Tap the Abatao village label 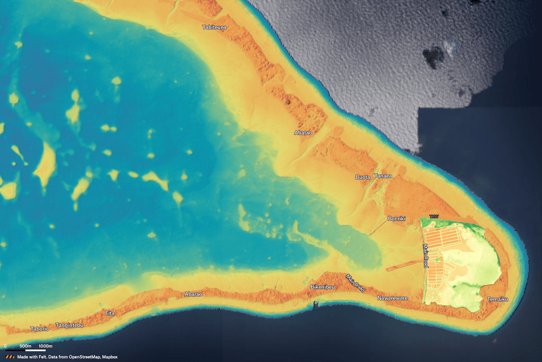coord(303,133)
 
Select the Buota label coord(362,177)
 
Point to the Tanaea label coord(383,176)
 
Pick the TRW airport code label coord(434,217)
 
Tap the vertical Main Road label coord(425,256)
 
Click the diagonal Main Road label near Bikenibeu coord(356,283)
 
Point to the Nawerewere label coord(392,299)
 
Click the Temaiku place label coord(497,300)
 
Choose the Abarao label coord(193,294)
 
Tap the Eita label coord(110,313)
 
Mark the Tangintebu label coord(69,325)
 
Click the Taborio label coord(40,329)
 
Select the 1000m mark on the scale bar coord(46,346)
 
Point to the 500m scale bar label coord(26,346)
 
